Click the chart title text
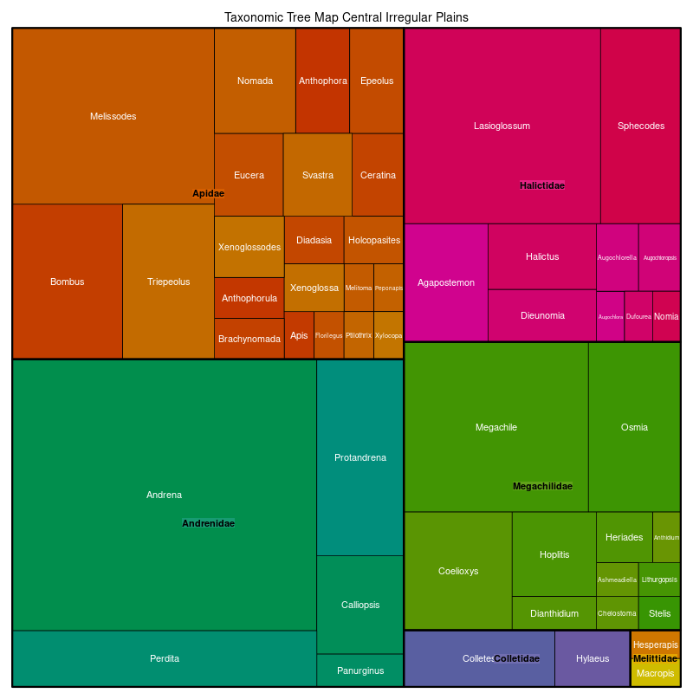tap(346, 17)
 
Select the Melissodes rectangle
tap(113, 116)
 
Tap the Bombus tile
tap(67, 282)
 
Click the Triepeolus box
tap(168, 282)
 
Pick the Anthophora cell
tap(322, 81)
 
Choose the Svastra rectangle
tap(317, 175)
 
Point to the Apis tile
tap(299, 335)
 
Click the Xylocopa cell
tap(388, 335)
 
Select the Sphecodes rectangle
tap(640, 126)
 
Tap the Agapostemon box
tap(446, 282)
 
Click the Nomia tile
tap(666, 316)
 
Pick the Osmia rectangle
tap(634, 427)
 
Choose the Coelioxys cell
tap(458, 571)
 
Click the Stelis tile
tap(659, 613)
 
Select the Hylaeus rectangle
tap(593, 658)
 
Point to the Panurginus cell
tap(359, 670)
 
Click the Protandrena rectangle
tap(359, 457)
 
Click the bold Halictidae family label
tap(542, 185)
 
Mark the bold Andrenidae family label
tap(208, 523)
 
